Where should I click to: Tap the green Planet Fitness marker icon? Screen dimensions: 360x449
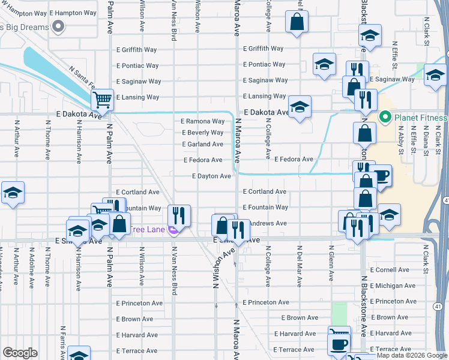[385, 117]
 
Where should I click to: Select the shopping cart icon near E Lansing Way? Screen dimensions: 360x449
[103, 99]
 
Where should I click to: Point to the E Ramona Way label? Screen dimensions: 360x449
[203, 121]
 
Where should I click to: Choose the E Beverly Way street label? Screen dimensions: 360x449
[203, 133]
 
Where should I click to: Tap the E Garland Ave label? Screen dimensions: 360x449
[203, 144]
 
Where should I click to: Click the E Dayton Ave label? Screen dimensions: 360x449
[211, 176]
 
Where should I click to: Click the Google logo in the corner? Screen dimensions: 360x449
[20, 353]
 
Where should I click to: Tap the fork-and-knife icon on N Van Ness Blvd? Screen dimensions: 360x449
[178, 215]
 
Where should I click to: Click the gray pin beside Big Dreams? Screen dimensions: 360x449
[58, 26]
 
